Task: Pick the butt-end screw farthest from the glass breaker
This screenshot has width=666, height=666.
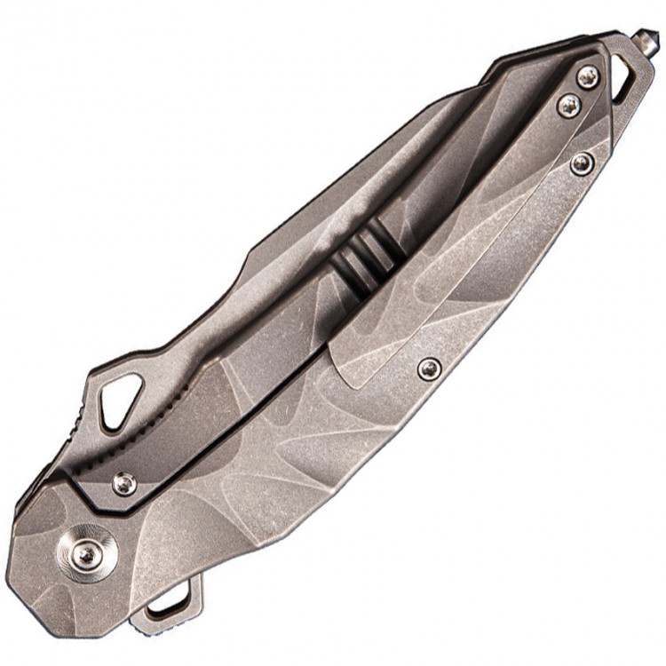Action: [582, 162]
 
